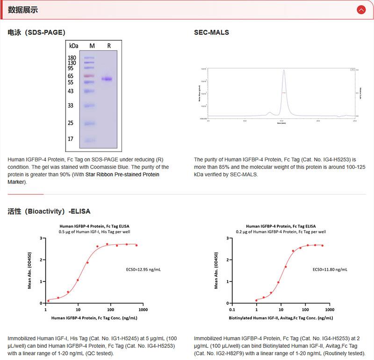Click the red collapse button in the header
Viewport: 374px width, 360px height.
pos(361,9)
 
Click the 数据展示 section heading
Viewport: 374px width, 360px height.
pos(23,10)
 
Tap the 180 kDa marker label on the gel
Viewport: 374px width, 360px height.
pos(72,58)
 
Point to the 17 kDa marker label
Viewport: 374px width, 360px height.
pos(71,139)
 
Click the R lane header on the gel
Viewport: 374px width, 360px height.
pos(109,46)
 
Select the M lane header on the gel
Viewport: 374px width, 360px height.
pos(92,46)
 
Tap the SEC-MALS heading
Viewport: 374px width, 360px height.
pos(211,32)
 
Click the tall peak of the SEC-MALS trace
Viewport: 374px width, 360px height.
pos(284,71)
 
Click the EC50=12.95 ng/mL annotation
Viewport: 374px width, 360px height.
pos(144,270)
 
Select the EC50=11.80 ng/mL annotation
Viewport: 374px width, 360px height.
pos(330,270)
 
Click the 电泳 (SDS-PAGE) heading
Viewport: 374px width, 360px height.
pos(36,32)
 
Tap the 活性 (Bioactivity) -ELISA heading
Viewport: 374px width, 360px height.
pos(49,211)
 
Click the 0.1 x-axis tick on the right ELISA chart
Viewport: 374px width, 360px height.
pos(232,310)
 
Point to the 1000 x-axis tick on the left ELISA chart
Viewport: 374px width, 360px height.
pos(143,310)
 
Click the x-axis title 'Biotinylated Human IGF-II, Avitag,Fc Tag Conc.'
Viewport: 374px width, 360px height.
pos(280,318)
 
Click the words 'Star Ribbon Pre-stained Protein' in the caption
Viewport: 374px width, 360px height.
pos(122,174)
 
